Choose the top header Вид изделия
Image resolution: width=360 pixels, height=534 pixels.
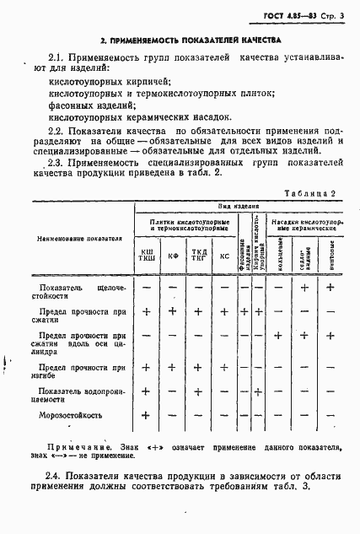point(237,207)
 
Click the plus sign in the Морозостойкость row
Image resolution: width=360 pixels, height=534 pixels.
point(146,414)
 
